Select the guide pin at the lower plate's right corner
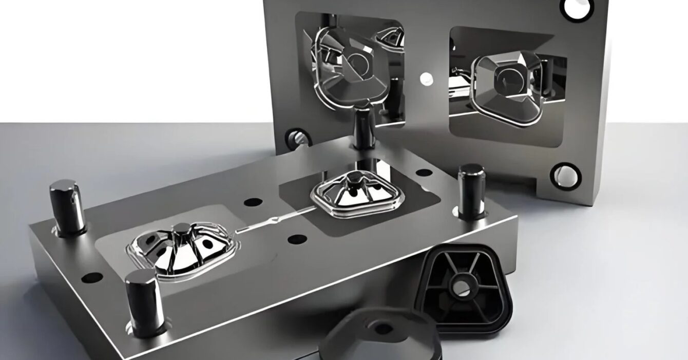[471, 191]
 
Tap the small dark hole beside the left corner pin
[92, 278]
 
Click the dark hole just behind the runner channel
[253, 202]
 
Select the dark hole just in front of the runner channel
[297, 239]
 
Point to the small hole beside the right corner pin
[423, 173]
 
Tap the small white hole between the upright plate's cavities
[426, 79]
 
